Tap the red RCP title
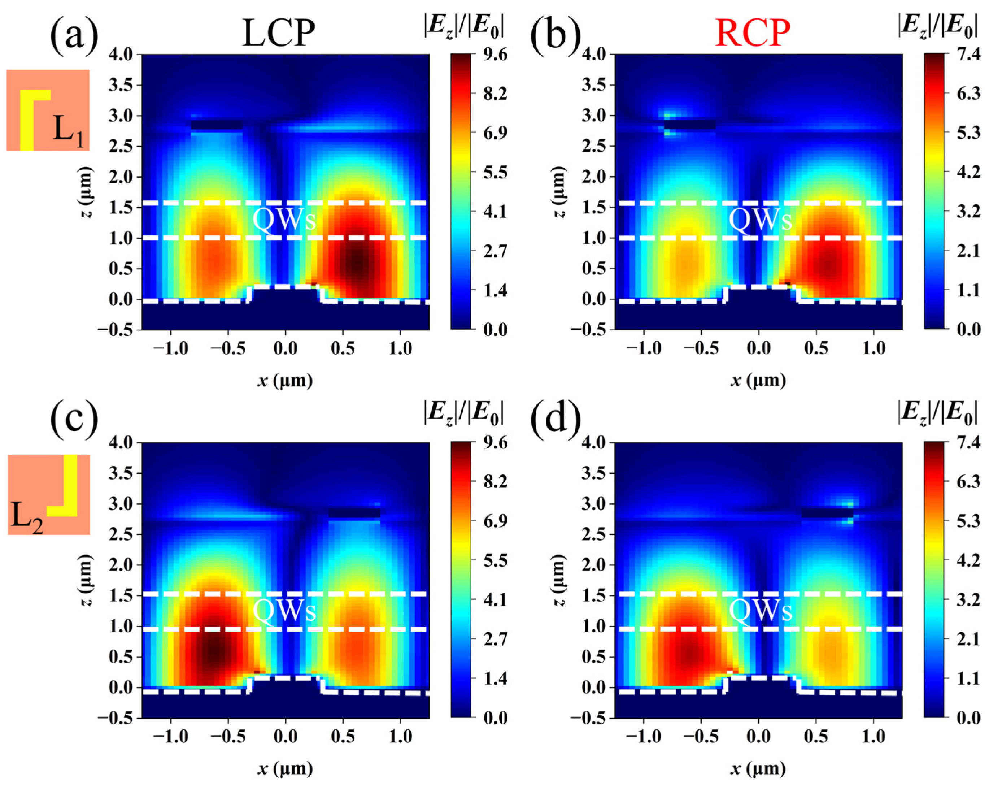click(x=752, y=34)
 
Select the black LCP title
click(x=278, y=34)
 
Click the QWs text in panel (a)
click(x=284, y=220)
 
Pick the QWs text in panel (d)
click(x=761, y=611)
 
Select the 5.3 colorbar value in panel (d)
click(x=969, y=521)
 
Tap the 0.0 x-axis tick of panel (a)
click(x=285, y=349)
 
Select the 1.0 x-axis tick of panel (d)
click(x=873, y=737)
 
